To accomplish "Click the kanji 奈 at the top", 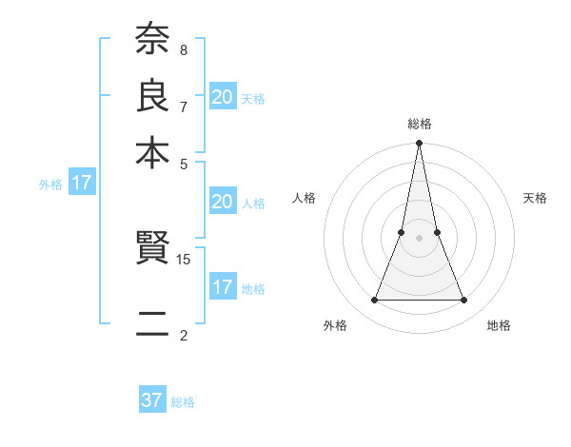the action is (x=152, y=40).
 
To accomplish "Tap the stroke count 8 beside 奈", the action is (x=184, y=49).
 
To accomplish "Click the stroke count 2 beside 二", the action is (x=184, y=335).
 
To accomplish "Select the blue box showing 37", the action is (x=152, y=400).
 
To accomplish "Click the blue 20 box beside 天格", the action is (x=222, y=96).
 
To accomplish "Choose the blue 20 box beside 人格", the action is (x=222, y=202).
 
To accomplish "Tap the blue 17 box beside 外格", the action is (x=82, y=183).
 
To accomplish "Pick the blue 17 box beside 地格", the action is (x=222, y=287).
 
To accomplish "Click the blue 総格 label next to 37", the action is (x=183, y=402).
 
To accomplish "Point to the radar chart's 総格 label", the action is (x=419, y=124).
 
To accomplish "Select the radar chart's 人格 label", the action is (x=305, y=198).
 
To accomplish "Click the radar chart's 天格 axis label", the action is (x=535, y=198).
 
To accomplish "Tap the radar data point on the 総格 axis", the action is (x=419, y=144).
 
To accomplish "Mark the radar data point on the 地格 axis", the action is (x=463, y=301).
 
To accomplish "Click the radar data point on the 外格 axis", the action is (x=374, y=301).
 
